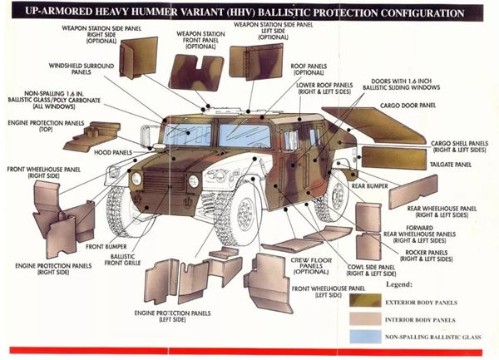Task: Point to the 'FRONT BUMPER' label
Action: [x=104, y=246]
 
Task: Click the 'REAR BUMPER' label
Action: [x=395, y=185]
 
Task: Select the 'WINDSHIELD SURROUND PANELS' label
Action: [x=80, y=67]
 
